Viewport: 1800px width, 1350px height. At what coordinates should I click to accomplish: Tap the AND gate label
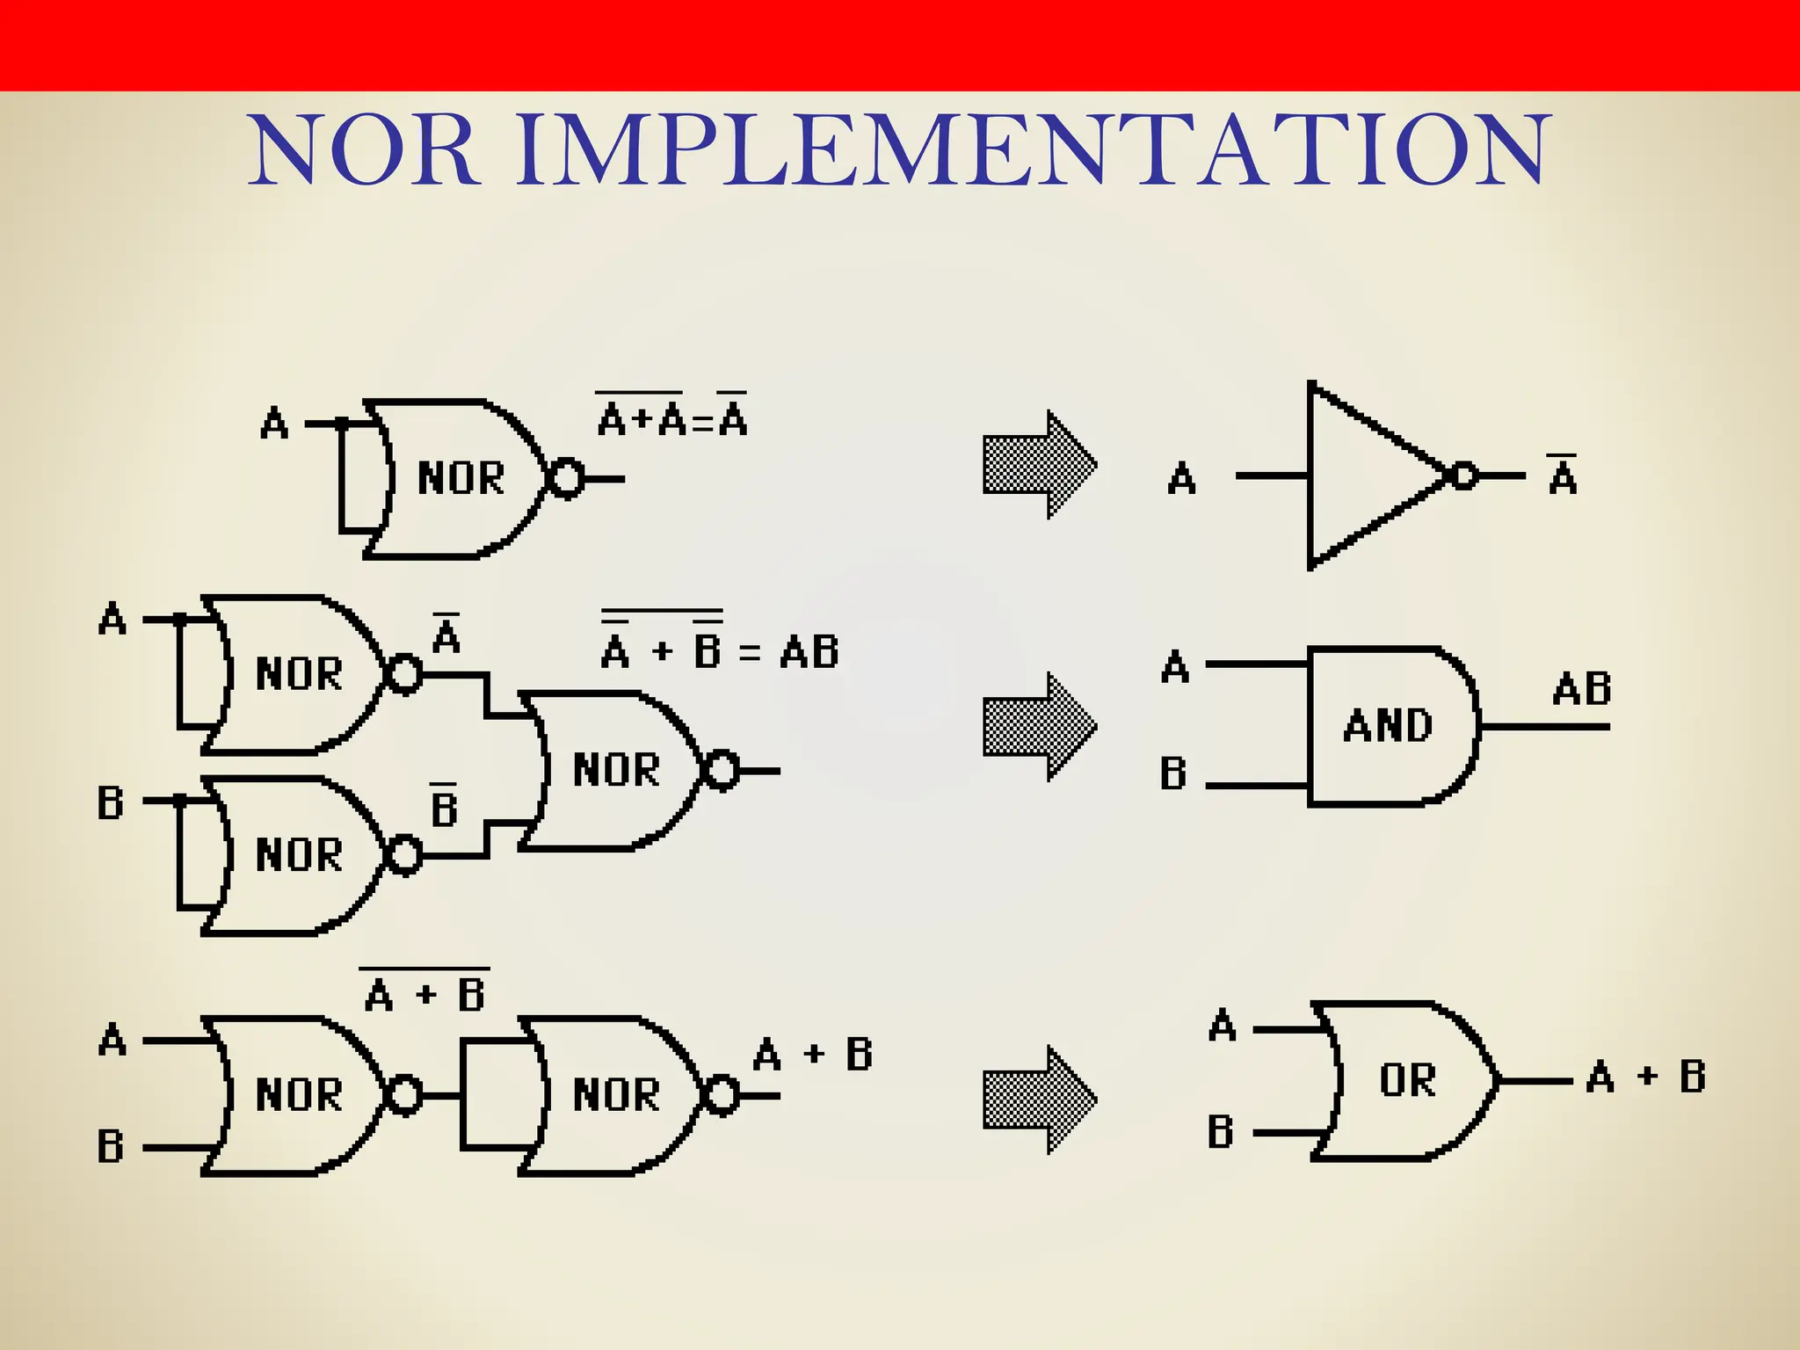point(1388,726)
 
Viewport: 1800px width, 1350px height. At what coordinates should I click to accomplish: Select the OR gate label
point(1407,1079)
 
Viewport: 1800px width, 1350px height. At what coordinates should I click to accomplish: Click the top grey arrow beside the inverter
point(1039,464)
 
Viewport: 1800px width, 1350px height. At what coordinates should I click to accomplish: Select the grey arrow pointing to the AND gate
point(1039,726)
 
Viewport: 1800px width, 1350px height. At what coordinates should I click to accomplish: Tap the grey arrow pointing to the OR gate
point(1039,1099)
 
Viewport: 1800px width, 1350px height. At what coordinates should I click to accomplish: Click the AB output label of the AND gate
point(1581,690)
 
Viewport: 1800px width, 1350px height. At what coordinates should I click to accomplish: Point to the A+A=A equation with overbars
point(672,417)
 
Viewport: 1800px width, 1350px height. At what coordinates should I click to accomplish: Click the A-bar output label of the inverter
point(1563,475)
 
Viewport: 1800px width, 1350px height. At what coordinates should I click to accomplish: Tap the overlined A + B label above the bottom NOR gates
point(425,991)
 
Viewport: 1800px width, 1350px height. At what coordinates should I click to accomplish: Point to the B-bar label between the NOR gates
point(444,806)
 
